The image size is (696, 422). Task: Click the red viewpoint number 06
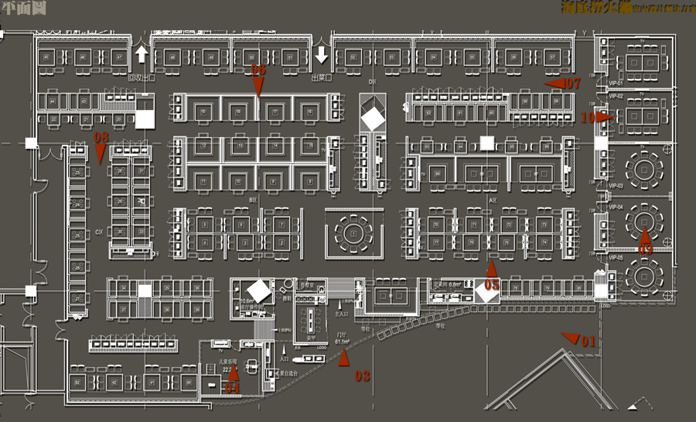pyautogui.click(x=258, y=70)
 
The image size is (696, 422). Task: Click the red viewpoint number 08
pyautogui.click(x=101, y=137)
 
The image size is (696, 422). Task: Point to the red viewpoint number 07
pyautogui.click(x=571, y=83)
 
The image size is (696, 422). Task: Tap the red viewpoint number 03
pyautogui.click(x=362, y=376)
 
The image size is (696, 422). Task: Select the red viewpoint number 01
pyautogui.click(x=588, y=341)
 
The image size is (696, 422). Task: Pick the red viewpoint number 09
pyautogui.click(x=645, y=249)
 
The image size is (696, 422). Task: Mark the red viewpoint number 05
pyautogui.click(x=492, y=286)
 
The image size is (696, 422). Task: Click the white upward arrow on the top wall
pyautogui.click(x=142, y=54)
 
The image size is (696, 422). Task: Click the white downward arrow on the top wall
pyautogui.click(x=322, y=54)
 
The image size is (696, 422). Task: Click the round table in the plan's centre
pyautogui.click(x=354, y=232)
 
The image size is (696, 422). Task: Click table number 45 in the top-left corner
pyautogui.click(x=47, y=58)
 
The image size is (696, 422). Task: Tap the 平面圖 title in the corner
pyautogui.click(x=22, y=9)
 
